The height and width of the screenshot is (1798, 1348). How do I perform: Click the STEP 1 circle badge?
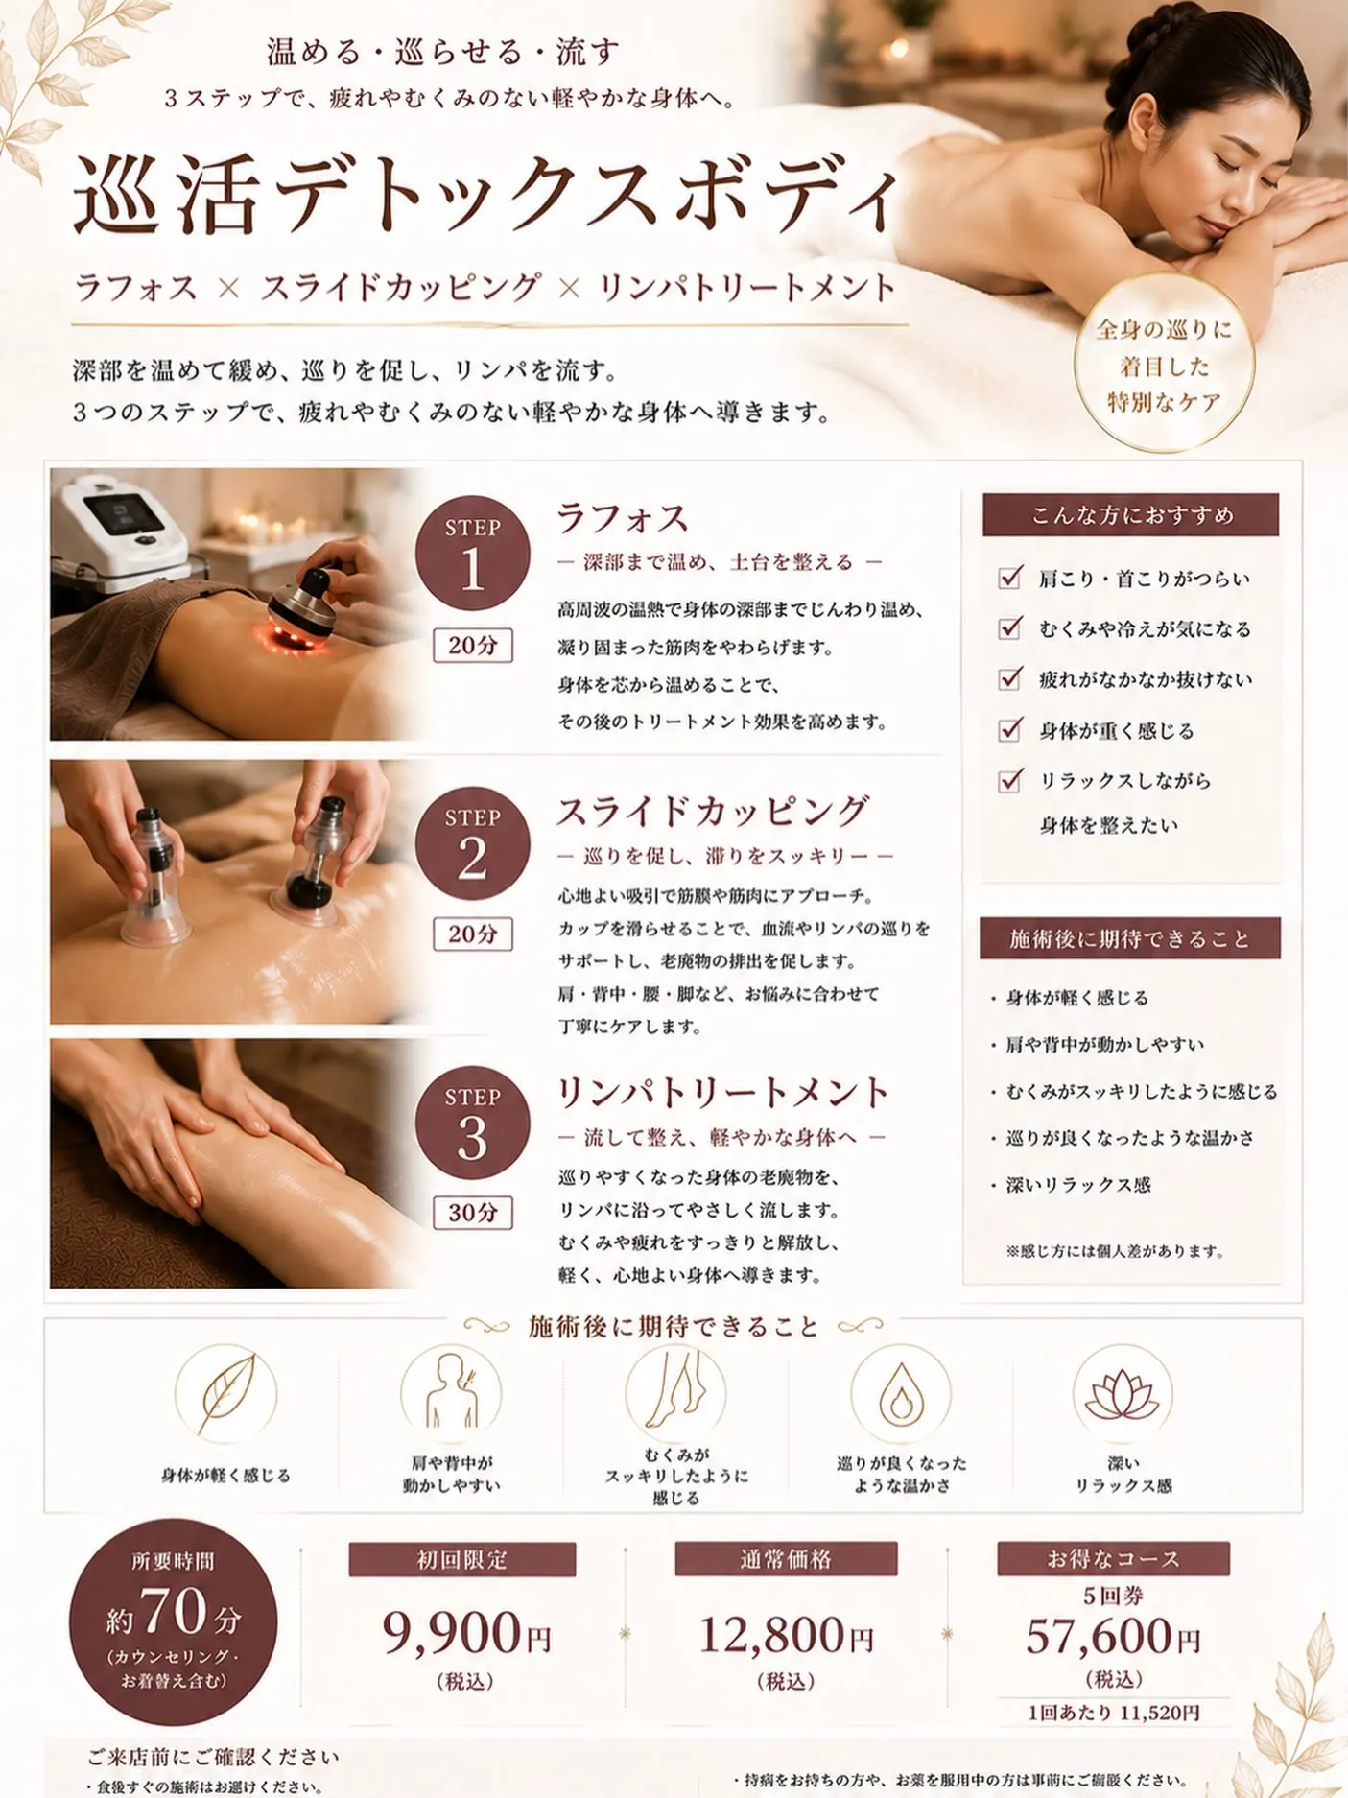(472, 553)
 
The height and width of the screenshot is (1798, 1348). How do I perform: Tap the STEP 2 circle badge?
(472, 843)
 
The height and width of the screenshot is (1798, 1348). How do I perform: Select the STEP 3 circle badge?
(472, 1123)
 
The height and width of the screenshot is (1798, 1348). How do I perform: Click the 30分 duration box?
(473, 1213)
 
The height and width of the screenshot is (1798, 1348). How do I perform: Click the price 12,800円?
(786, 1634)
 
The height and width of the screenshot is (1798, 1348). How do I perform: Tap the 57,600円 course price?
(1113, 1636)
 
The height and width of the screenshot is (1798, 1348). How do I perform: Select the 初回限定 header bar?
(462, 1559)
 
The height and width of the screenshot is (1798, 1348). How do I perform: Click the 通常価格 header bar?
(786, 1559)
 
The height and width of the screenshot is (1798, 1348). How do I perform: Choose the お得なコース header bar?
(1113, 1558)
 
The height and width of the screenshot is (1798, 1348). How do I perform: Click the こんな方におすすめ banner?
(1130, 515)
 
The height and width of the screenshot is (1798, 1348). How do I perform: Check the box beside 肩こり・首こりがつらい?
(1009, 577)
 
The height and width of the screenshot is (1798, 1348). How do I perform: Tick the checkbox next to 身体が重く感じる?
(1009, 729)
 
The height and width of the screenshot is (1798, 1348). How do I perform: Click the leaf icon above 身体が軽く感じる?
(226, 1393)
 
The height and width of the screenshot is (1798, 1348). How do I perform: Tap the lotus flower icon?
(1122, 1394)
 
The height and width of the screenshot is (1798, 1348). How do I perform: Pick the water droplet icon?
(900, 1394)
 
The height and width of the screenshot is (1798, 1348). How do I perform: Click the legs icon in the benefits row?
(675, 1393)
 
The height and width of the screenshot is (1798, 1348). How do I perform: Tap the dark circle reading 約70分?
(174, 1622)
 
